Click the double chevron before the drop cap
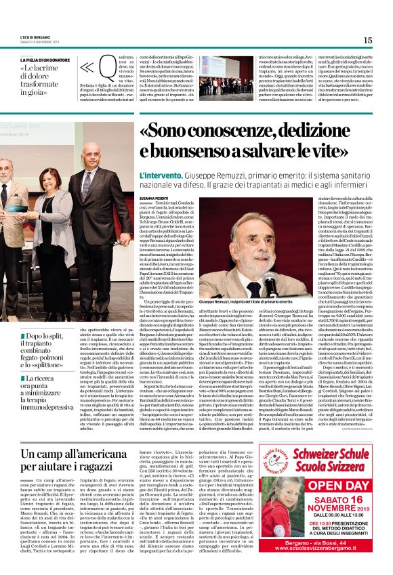pos(86,68)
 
